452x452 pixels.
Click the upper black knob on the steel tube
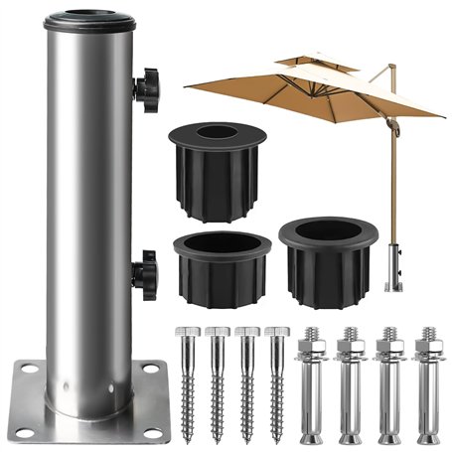point(146,90)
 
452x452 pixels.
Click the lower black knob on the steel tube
point(145,268)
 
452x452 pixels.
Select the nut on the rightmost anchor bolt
point(428,350)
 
